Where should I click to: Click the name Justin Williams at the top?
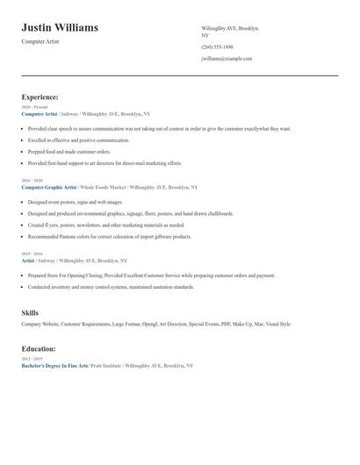click(x=60, y=28)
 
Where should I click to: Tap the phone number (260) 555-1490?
click(x=217, y=46)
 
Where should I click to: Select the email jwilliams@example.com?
click(x=227, y=59)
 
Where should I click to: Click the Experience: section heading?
click(x=40, y=97)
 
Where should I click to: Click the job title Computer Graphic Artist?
click(x=49, y=187)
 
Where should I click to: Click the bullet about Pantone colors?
click(x=109, y=237)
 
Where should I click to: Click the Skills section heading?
click(x=30, y=312)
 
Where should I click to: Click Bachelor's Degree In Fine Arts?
click(x=54, y=365)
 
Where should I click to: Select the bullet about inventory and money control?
click(x=111, y=287)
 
